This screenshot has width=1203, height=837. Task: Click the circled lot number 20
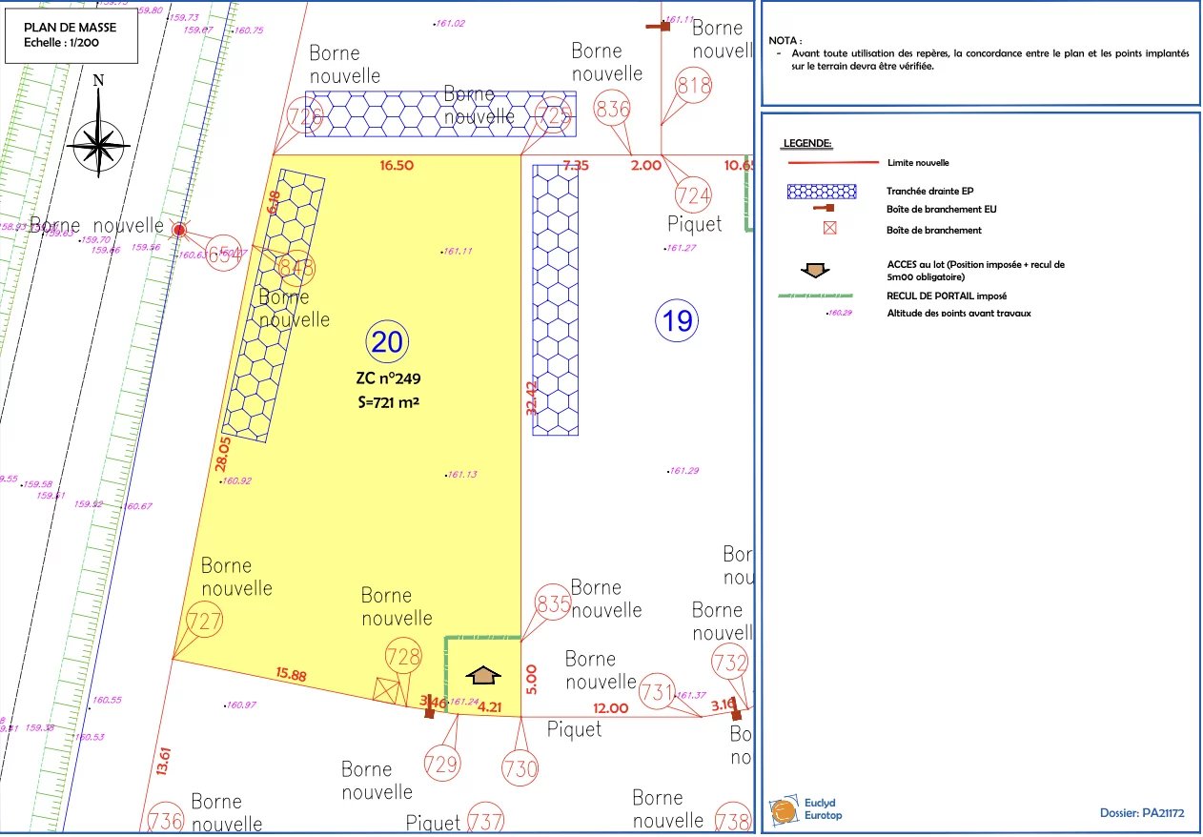387,340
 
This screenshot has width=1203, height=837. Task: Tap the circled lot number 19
677,320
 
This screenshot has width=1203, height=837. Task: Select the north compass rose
99,143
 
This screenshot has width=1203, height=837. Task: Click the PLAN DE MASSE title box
73,36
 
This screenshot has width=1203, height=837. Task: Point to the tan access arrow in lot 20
485,675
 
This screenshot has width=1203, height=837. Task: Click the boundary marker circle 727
205,622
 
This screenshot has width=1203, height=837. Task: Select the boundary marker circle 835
554,604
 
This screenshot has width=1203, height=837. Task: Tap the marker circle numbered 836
612,109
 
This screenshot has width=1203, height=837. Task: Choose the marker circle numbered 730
520,768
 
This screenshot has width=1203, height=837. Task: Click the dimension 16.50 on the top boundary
397,165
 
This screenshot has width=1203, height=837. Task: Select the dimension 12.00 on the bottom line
610,707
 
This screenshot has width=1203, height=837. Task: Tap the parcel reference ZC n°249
387,378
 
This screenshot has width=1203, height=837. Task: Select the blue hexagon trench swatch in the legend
821,191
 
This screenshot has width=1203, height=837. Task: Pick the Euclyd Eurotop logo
806,810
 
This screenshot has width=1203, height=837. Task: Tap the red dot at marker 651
178,230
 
